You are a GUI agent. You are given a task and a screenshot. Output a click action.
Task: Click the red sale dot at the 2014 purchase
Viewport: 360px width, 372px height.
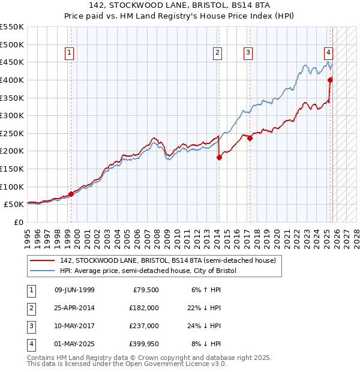[219, 158]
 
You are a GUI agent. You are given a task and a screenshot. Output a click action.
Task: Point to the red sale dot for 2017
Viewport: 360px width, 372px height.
[250, 138]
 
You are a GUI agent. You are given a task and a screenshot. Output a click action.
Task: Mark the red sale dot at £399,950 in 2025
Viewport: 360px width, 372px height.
[330, 80]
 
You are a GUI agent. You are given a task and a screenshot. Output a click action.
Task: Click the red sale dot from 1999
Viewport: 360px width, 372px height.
[71, 194]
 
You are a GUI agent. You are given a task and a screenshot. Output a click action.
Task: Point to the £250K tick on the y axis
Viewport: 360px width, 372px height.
[12, 133]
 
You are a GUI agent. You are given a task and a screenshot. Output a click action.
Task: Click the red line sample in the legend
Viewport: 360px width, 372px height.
[43, 260]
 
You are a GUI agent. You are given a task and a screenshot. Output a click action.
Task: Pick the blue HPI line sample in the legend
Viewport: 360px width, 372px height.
[43, 271]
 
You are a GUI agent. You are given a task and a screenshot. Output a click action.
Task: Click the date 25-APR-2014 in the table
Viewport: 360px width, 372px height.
[74, 308]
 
